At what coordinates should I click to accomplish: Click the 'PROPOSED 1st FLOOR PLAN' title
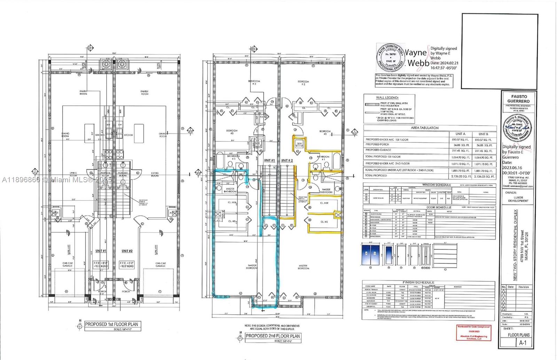112,324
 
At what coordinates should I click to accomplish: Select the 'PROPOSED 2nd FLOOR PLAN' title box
273,336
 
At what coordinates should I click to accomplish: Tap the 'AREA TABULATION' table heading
429,128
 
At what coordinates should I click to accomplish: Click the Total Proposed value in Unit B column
483,176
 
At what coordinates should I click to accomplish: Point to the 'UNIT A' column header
460,134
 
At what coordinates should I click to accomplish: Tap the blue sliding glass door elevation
370,255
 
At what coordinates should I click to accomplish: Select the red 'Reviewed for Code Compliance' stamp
473,333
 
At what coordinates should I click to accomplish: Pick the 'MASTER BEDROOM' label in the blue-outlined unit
252,267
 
